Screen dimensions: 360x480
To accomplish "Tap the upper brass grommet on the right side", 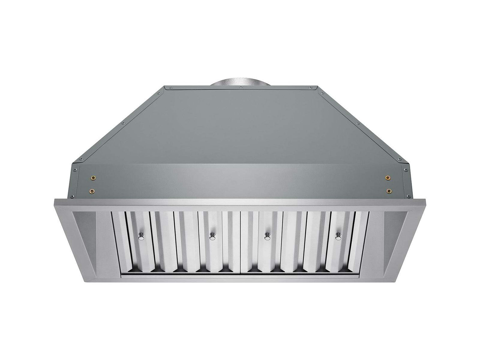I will tap(388, 178).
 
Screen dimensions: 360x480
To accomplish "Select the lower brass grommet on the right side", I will tap(389, 190).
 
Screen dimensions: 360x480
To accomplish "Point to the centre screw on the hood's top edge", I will tap(240, 88).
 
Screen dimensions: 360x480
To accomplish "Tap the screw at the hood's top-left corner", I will tap(160, 92).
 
